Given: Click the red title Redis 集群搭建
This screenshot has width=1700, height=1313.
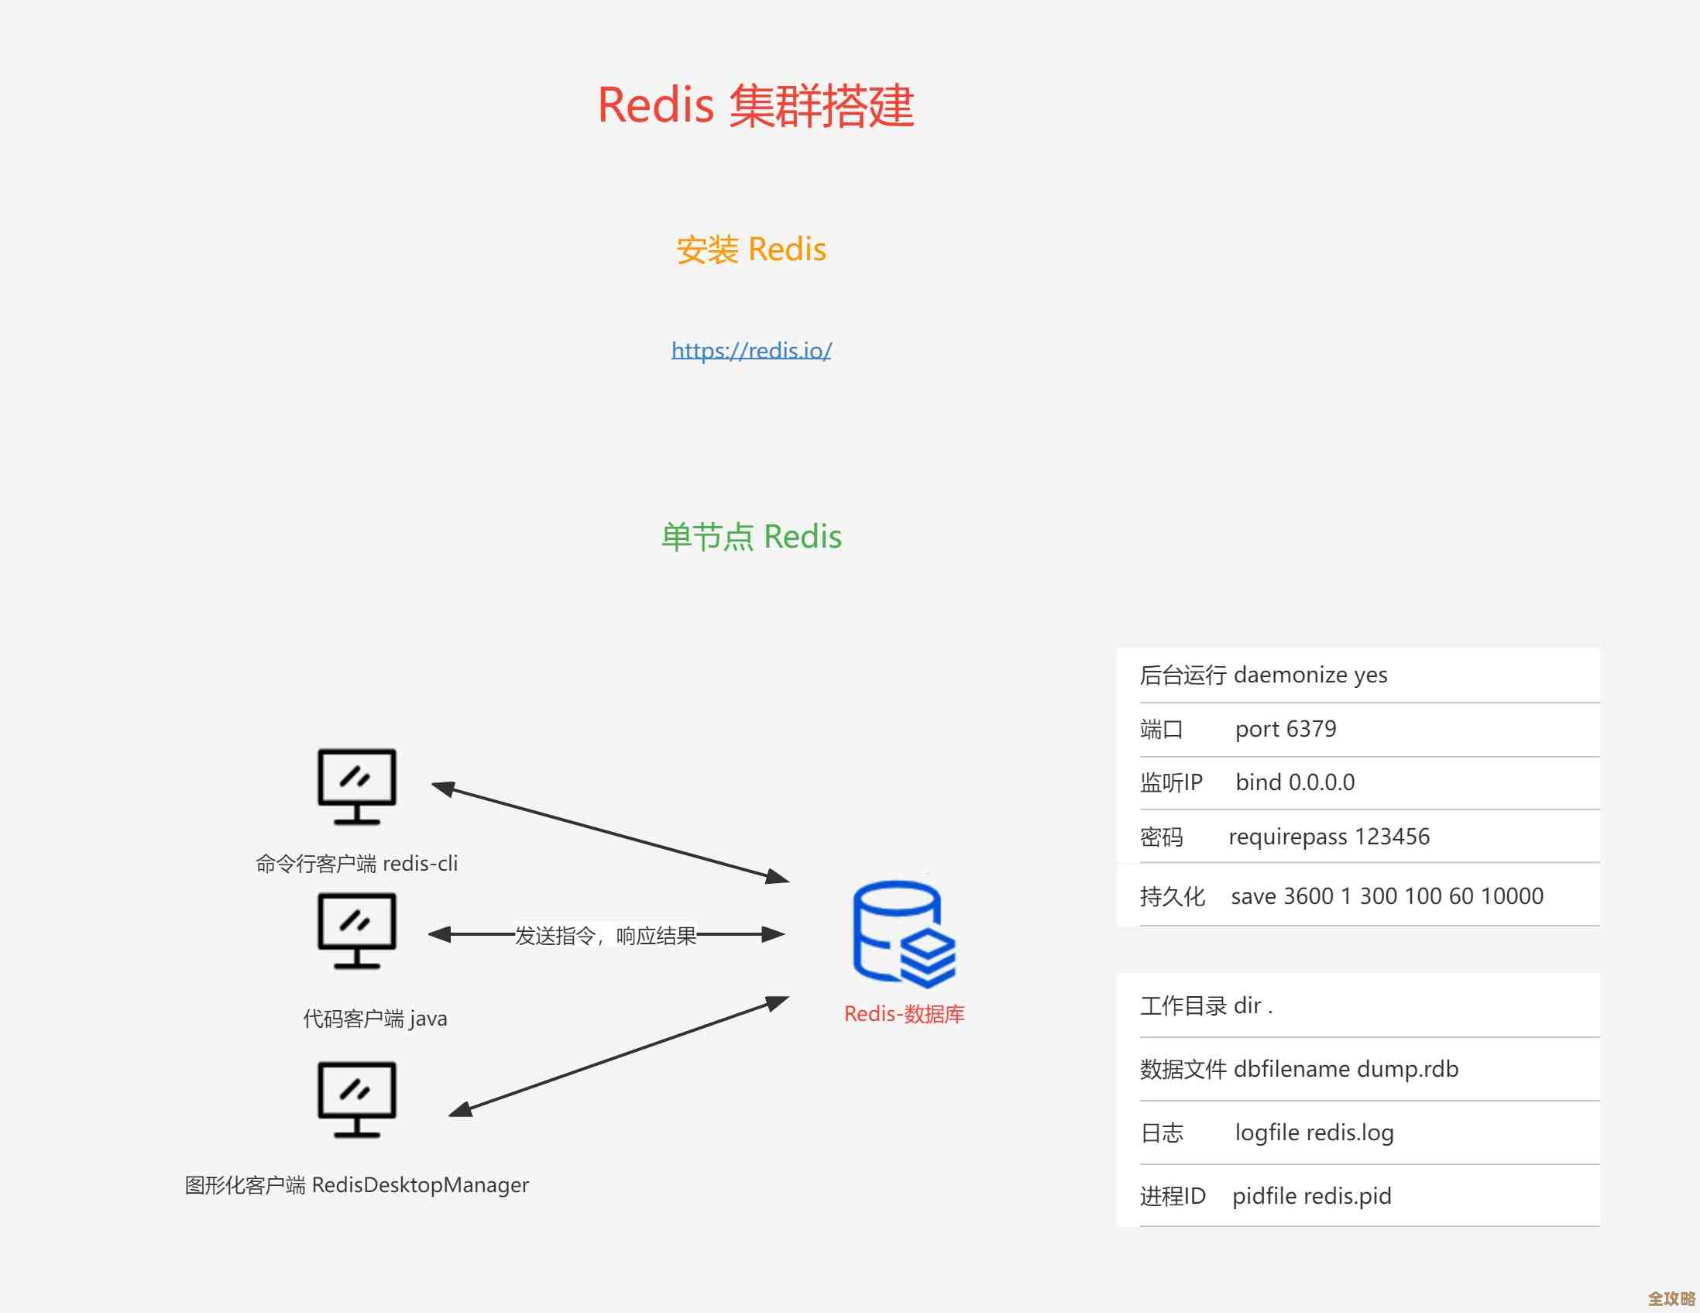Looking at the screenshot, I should coord(755,106).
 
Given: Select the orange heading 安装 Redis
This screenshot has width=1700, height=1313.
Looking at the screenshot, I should coord(751,250).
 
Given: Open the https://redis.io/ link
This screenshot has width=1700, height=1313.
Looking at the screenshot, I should coord(751,351).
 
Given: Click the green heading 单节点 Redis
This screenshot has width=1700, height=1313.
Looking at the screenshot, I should coord(751,537).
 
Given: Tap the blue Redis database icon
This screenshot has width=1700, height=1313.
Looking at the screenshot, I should coord(903,934).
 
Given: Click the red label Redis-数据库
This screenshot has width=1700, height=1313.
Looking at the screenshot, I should coord(904,1014).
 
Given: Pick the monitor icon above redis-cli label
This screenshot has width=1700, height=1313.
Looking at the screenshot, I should coord(356,786).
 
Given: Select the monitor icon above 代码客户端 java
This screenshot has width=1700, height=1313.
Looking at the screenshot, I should coord(356,930).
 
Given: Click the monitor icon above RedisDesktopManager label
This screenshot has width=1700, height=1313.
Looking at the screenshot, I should coord(356,1099).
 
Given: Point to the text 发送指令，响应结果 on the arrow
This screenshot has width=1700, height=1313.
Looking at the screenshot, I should coord(606,936).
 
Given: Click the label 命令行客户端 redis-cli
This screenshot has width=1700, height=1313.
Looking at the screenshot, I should coord(356,864).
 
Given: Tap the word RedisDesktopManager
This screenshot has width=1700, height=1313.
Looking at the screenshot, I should coord(421,1185).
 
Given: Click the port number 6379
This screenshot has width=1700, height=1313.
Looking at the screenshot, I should coord(1311,729).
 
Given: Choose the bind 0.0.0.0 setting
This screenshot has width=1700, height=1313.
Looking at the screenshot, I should coord(1294,782).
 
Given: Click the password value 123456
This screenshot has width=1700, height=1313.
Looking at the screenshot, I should coord(1392,837).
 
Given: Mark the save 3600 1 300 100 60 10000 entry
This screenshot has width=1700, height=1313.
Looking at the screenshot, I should coord(1386,896).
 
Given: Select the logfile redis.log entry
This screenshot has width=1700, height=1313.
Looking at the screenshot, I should coord(1314,1133).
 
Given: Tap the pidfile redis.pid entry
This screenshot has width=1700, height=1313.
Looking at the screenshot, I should coord(1311,1196).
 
